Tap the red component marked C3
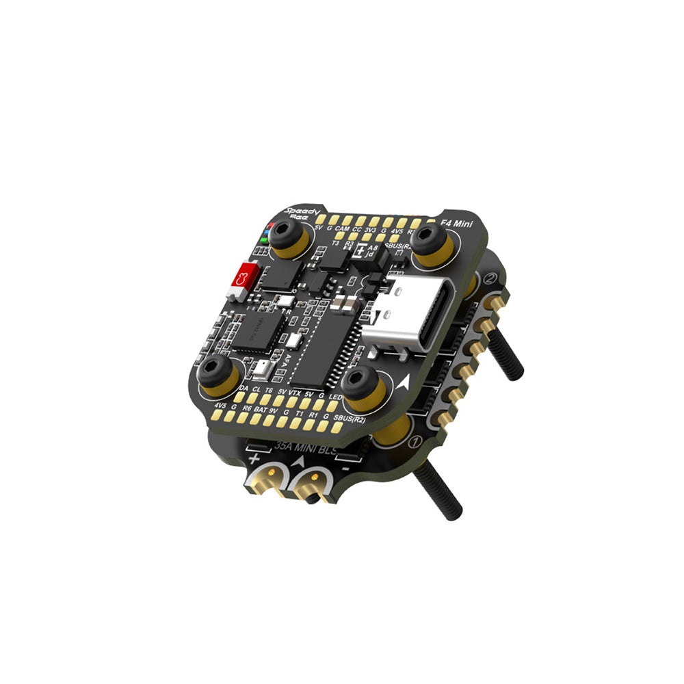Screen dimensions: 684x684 coord(241,278)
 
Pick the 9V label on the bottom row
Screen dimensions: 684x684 coord(274,412)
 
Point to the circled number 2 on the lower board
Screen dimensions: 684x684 coord(490,280)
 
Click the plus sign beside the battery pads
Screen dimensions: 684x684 coord(254,458)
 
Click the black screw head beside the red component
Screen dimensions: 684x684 coord(281,236)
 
